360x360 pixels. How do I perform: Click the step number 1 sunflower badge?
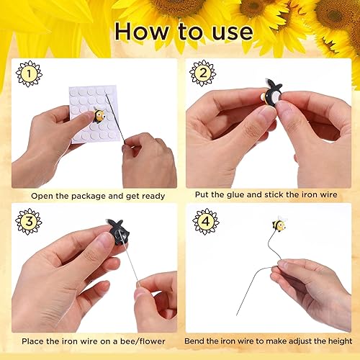pyautogui.click(x=29, y=73)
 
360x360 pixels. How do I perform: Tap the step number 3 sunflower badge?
pyautogui.click(x=29, y=221)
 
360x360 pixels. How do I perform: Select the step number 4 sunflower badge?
pyautogui.click(x=206, y=221)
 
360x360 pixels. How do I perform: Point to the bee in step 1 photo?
pyautogui.click(x=102, y=114)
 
